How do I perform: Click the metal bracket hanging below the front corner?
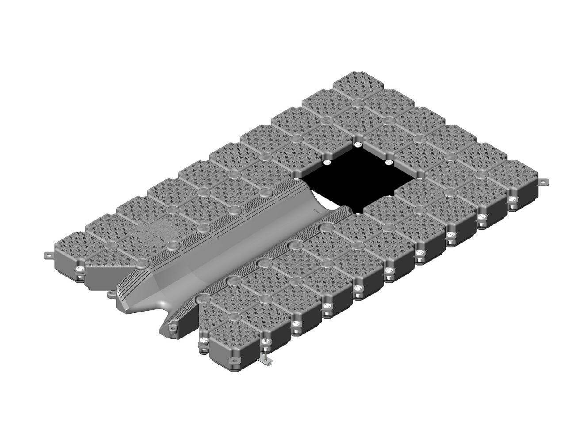point(267,360)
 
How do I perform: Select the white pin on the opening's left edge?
point(327,163)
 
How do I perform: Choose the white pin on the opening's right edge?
point(388,163)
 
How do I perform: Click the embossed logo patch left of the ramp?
point(153,230)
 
